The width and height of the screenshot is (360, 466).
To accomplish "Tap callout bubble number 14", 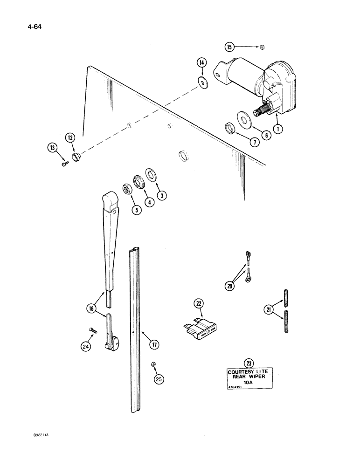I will coord(201,62).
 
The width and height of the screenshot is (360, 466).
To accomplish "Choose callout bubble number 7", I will coord(254,143).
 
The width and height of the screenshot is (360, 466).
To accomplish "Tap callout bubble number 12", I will coord(70,137).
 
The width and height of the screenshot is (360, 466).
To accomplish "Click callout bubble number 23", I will coord(248,362).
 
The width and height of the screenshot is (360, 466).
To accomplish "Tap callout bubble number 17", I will coord(154,345).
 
